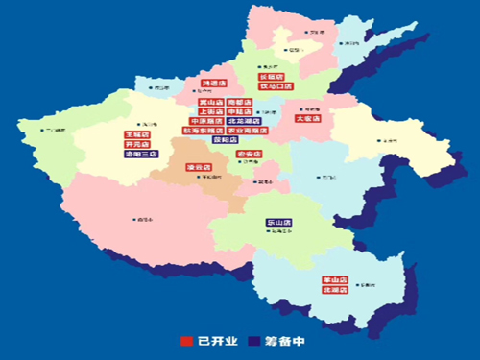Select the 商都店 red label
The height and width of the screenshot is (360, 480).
[240, 102]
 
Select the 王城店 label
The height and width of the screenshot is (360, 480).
[136, 134]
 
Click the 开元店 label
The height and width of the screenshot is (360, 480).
[136, 144]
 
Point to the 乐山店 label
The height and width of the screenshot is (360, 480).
[279, 223]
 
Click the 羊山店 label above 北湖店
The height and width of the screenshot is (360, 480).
[335, 280]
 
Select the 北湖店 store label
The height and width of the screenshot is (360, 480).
[335, 290]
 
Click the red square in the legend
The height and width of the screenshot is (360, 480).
[187, 340]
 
